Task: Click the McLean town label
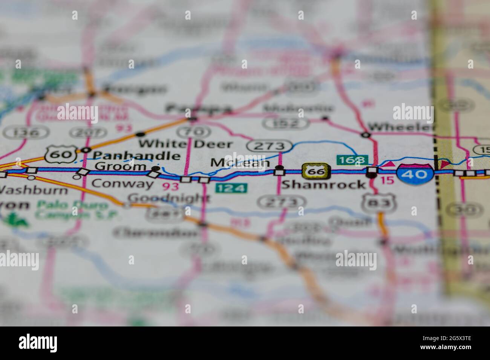click(240, 163)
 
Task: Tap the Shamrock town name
click(323, 185)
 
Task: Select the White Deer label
click(185, 143)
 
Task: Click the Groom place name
click(120, 166)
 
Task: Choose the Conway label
click(122, 184)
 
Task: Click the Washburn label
click(34, 189)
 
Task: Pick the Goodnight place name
click(168, 198)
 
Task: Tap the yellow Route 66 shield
click(316, 172)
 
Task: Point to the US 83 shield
click(378, 203)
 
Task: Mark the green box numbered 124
click(231, 188)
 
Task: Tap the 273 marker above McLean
click(269, 146)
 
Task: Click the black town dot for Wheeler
click(365, 134)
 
